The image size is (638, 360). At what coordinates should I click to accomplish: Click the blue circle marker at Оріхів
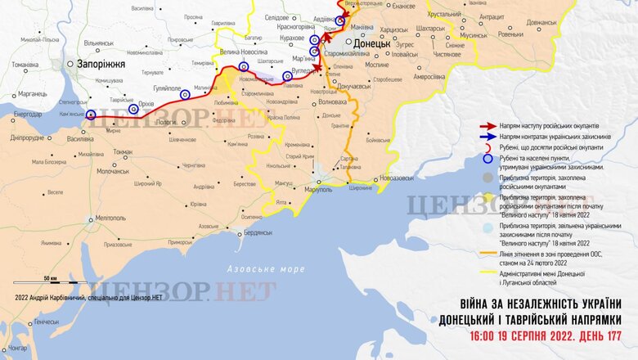click(x=133, y=109)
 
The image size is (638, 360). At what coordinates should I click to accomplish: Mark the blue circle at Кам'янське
click(x=90, y=115)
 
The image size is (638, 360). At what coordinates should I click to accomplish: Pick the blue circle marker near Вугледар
click(x=287, y=76)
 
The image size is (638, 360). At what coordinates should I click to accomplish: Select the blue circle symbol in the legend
click(x=488, y=160)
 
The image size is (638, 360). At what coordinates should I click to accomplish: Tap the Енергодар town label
click(x=29, y=115)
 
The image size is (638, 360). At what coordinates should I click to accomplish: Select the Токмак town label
click(x=123, y=152)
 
